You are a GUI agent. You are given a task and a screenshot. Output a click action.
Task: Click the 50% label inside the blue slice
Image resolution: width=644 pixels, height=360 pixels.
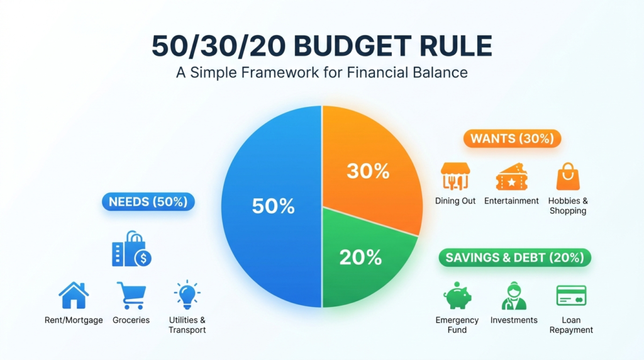click(273, 206)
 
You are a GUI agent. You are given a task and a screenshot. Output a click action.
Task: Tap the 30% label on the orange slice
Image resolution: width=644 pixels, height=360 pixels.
click(368, 171)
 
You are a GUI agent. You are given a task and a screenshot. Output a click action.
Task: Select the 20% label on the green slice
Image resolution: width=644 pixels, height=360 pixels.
click(360, 257)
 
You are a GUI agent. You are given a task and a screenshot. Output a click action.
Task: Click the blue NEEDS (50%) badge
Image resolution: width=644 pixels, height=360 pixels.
click(148, 202)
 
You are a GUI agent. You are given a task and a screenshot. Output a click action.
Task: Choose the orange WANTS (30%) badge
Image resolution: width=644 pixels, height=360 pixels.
click(512, 138)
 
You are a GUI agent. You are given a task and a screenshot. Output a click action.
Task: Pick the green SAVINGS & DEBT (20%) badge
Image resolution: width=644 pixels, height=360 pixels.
click(514, 257)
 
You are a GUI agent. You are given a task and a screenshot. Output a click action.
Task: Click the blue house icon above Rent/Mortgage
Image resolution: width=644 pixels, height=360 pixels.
click(74, 295)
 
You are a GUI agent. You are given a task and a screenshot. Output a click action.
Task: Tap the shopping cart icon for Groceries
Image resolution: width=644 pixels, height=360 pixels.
click(131, 295)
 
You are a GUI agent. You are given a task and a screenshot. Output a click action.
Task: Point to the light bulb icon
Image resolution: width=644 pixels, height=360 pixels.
click(187, 295)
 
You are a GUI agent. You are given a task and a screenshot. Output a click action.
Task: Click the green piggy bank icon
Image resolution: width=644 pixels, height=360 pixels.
click(457, 295)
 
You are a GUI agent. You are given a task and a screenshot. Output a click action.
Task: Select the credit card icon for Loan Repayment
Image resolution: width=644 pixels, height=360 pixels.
click(571, 295)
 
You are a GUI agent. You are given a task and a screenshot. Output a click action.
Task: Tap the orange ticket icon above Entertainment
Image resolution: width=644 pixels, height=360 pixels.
click(511, 177)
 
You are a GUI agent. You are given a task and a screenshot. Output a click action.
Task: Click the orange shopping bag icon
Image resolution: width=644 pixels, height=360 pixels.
click(568, 177)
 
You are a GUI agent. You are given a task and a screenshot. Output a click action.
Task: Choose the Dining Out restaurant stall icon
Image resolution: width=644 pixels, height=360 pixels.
click(455, 176)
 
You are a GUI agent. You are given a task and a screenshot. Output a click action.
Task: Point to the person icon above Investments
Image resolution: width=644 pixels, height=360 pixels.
click(514, 295)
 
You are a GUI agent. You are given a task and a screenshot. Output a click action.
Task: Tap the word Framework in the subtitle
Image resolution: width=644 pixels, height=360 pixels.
click(280, 73)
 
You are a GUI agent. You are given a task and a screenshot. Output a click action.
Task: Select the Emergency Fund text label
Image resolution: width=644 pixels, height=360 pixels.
click(457, 325)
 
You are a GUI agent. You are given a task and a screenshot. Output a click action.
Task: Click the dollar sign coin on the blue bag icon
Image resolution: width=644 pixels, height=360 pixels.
click(143, 259)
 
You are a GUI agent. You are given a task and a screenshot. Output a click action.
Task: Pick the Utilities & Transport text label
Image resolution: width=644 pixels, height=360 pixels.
click(187, 325)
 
